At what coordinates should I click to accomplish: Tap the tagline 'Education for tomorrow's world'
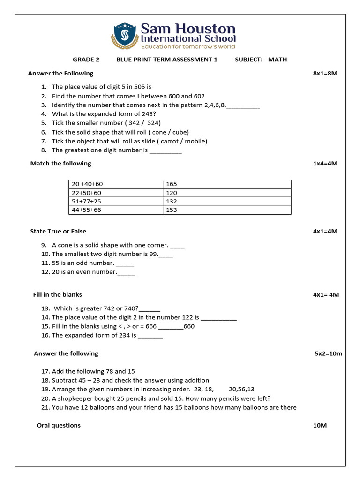[188, 47]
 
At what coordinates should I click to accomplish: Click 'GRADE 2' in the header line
[86, 60]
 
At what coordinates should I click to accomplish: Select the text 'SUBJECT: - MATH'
[261, 60]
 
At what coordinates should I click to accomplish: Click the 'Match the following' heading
[60, 164]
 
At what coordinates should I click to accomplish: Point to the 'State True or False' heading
[58, 231]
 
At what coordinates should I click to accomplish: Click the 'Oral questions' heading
[59, 425]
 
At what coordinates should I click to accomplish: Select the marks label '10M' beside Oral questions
[320, 425]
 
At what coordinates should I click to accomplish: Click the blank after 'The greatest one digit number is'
[165, 151]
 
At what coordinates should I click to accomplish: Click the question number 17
[45, 371]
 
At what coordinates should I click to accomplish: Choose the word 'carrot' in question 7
[170, 141]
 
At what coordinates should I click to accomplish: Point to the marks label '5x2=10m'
[328, 353]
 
